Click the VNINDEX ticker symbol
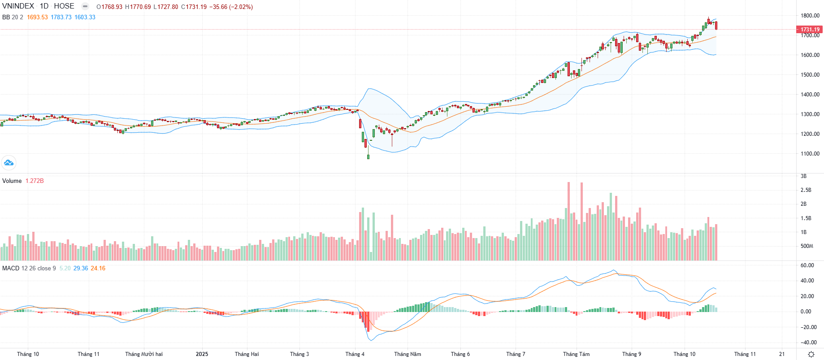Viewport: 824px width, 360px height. pyautogui.click(x=18, y=6)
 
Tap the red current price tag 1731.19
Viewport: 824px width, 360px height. pyautogui.click(x=810, y=30)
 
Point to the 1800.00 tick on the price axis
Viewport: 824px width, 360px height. pyautogui.click(x=810, y=16)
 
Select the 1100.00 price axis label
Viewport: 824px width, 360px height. pyautogui.click(x=810, y=154)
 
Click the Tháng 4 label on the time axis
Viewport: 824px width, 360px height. pyautogui.click(x=355, y=354)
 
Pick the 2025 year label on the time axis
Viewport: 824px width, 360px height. pyautogui.click(x=202, y=354)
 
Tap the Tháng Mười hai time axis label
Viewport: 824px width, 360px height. pyautogui.click(x=143, y=354)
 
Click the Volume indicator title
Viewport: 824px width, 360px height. pyautogui.click(x=12, y=181)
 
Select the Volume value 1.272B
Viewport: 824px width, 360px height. pyautogui.click(x=35, y=181)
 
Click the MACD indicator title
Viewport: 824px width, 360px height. pyautogui.click(x=11, y=269)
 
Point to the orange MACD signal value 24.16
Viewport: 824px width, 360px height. pyautogui.click(x=98, y=269)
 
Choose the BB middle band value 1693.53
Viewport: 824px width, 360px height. pyautogui.click(x=37, y=17)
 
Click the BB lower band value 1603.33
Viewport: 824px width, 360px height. pyautogui.click(x=85, y=17)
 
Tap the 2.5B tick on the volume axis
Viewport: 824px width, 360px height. pyautogui.click(x=806, y=190)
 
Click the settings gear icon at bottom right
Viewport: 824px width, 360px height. pyautogui.click(x=811, y=354)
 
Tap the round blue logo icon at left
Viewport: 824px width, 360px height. pyautogui.click(x=9, y=163)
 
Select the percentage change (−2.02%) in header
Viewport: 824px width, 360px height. pyautogui.click(x=241, y=7)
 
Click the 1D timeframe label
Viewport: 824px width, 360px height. pyautogui.click(x=44, y=6)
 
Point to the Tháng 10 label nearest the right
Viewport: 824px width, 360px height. pyautogui.click(x=684, y=354)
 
